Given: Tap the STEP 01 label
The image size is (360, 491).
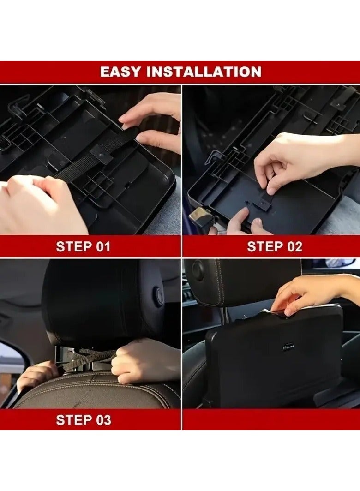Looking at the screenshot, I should [83, 246].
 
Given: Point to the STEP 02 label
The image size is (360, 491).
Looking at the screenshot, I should [275, 246].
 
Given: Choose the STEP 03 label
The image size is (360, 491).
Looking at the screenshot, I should [83, 420].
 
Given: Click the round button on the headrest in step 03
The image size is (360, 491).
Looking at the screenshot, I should [158, 296].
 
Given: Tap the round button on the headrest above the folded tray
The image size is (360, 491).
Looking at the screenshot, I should [198, 270].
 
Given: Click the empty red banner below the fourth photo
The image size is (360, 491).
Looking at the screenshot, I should [271, 420].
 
